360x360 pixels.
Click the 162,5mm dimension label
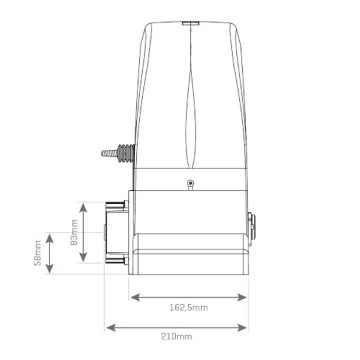(x=188, y=307)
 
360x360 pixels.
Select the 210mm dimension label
(x=176, y=336)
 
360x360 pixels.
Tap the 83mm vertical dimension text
(x=74, y=232)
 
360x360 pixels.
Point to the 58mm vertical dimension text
(x=38, y=253)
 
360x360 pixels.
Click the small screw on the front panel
(x=190, y=183)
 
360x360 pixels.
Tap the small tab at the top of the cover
(x=191, y=23)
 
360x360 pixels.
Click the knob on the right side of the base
(x=252, y=230)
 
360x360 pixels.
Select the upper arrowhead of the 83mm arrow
(x=83, y=208)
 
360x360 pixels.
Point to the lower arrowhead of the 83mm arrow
(x=83, y=257)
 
